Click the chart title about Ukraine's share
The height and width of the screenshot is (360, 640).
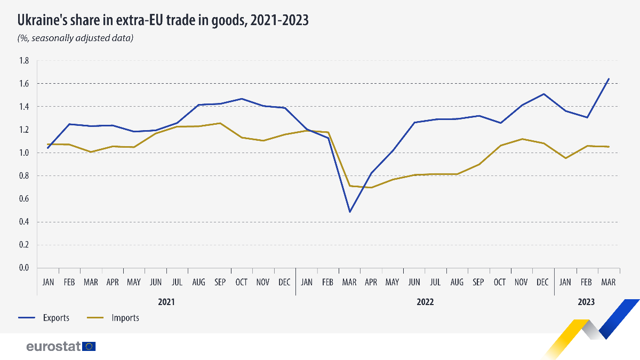pos(163,20)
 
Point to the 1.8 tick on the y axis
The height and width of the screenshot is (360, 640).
pos(24,61)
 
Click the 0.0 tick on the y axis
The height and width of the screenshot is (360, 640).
pos(24,268)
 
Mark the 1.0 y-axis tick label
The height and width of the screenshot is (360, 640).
pos(24,153)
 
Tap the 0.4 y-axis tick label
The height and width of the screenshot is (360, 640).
pos(24,222)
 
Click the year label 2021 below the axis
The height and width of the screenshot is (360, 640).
pos(166,302)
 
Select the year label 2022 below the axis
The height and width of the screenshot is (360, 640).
pos(425,302)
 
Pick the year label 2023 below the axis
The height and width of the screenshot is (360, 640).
pos(586,302)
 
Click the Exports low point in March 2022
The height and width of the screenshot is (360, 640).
pos(350,212)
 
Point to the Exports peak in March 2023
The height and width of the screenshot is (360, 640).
pos(609,79)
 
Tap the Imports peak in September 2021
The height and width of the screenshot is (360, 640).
pos(220,123)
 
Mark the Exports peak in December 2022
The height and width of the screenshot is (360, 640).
pos(543,94)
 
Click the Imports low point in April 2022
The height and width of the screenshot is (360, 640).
pos(371,187)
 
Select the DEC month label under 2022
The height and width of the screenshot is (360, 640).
pos(543,282)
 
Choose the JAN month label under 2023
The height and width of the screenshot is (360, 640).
pos(565,282)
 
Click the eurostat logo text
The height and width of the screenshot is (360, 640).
pos(53,347)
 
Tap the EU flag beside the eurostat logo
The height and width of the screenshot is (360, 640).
pos(89,347)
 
